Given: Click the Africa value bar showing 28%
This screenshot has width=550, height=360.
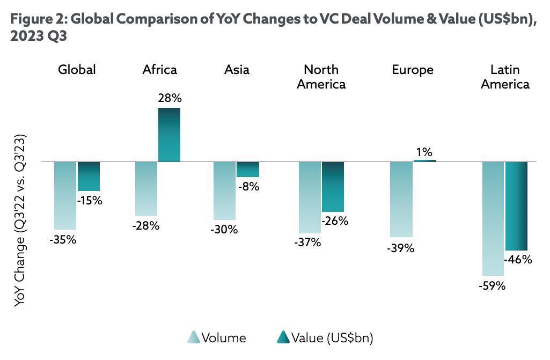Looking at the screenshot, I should pos(169,135).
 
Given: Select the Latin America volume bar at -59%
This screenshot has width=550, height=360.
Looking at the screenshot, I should pos(493,218).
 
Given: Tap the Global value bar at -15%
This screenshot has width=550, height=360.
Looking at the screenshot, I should pos(89,177).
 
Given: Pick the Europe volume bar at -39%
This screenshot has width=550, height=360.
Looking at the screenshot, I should pos(401,199).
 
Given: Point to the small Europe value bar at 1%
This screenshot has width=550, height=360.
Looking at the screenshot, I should pos(424,160).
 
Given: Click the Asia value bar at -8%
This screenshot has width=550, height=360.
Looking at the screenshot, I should pos(248,170).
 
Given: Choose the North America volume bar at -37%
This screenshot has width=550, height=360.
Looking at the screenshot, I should pos(310,197).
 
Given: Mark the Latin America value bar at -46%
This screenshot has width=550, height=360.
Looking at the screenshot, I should pos(517,206).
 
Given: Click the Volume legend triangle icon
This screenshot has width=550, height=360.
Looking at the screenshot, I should pos(193,337).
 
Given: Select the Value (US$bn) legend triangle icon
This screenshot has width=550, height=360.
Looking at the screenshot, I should pos(283,337).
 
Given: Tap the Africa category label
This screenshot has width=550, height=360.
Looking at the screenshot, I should pos(159,70).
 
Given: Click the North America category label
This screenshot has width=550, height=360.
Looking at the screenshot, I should pos(321,77).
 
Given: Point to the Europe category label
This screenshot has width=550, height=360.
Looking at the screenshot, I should pos(413,70).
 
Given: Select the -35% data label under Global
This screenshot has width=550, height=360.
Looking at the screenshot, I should pos(63,240).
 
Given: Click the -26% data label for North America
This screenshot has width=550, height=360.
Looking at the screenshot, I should pos(335,221).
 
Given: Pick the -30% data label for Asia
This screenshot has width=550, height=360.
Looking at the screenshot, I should pos(224,230).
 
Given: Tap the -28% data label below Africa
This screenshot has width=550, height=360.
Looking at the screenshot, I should pos(146,226).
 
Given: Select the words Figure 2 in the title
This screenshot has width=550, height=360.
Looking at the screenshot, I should pos(38,20).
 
